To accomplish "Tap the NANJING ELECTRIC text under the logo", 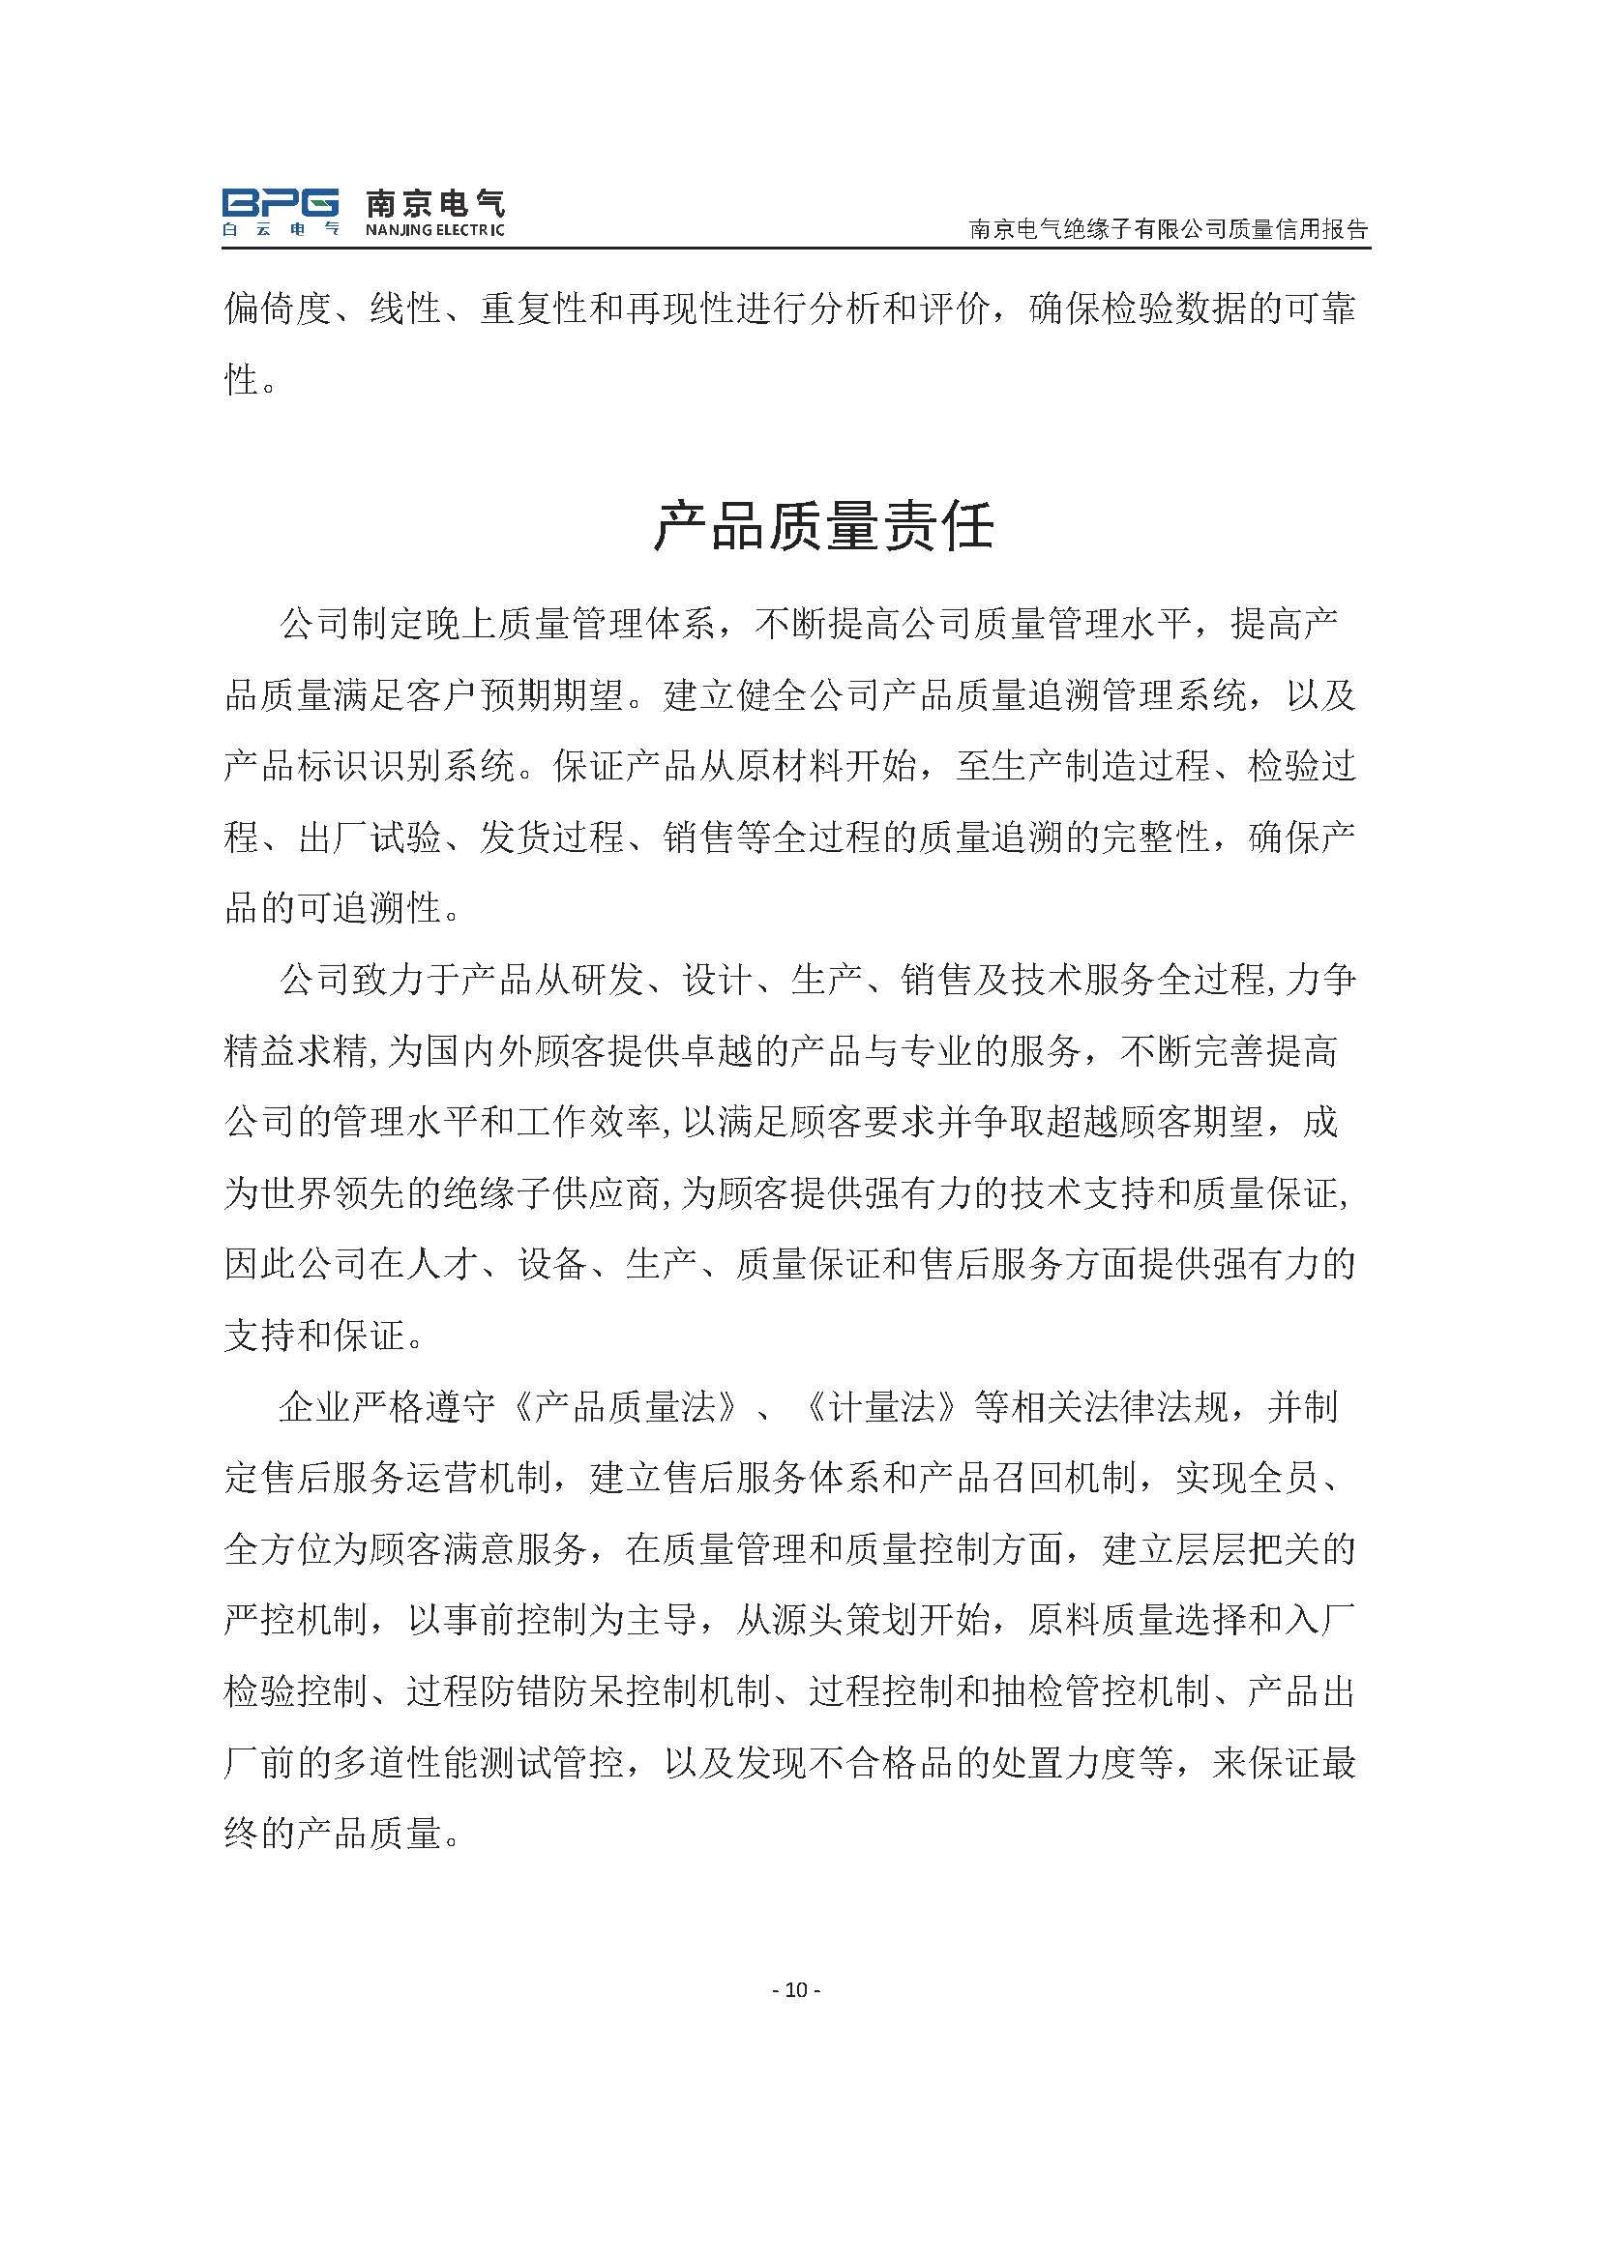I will click(x=434, y=230).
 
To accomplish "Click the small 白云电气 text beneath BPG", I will click(x=280, y=229).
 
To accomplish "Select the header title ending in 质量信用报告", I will click(x=1170, y=229).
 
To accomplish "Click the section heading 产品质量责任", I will click(x=823, y=525).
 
